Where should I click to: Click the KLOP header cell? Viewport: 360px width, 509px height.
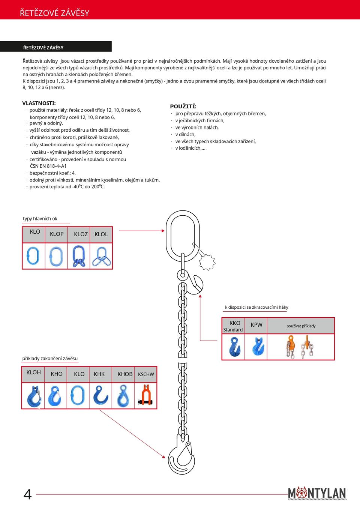pos(57,234)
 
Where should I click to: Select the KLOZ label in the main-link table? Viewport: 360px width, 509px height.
pos(81,234)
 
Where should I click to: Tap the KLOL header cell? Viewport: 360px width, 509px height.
pos(101,234)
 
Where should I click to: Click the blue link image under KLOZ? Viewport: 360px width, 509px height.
pos(79,256)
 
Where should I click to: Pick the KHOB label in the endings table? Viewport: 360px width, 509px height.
pos(125,374)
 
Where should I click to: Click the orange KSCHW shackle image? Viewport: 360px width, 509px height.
pos(145,395)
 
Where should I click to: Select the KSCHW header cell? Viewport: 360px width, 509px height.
pos(146,374)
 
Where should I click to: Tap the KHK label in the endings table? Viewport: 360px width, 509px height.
pos(99,374)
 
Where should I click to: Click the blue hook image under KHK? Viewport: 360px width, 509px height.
pos(100,395)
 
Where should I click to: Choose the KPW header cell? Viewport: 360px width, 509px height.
pos(256,325)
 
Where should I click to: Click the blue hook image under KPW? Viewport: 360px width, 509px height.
pos(258,346)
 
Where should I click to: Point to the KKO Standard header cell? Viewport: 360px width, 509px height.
pos(233,326)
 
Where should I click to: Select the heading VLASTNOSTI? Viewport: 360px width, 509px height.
pos(39,103)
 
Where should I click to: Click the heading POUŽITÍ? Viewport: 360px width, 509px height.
pos(183,107)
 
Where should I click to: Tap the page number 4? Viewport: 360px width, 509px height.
pos(27,494)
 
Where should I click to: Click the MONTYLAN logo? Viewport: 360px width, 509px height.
pos(317,493)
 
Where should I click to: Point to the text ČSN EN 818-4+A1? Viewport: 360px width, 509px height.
pos(48,166)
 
